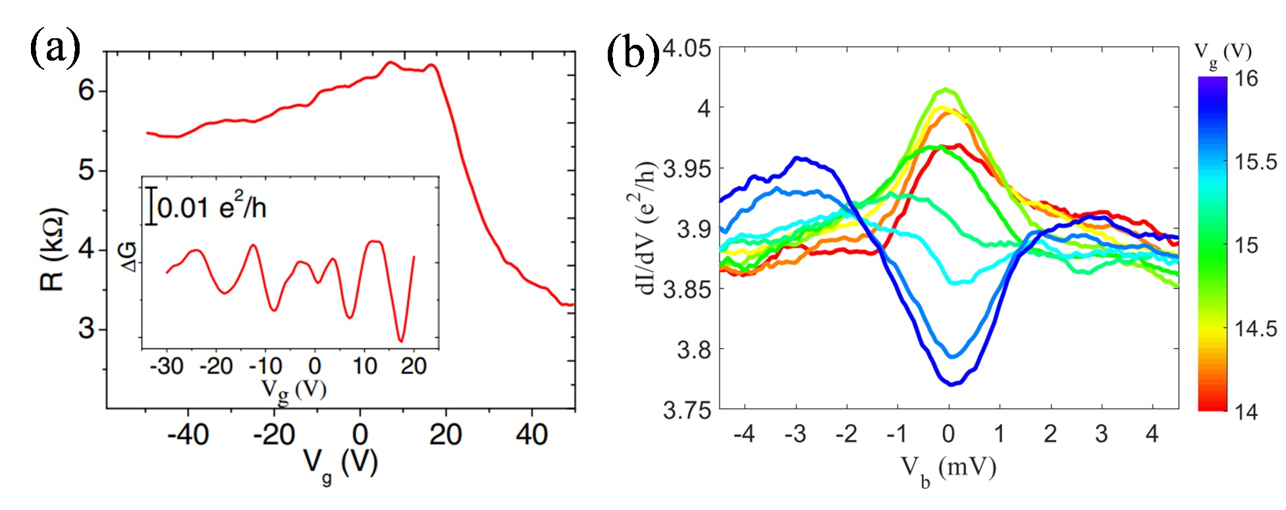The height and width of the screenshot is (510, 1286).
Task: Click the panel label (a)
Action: pos(55,49)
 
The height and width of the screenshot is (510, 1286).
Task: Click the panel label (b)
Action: pos(633,52)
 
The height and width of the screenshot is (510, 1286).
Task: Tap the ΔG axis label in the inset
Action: pos(130,256)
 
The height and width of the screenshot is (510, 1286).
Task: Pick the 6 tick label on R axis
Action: pos(86,90)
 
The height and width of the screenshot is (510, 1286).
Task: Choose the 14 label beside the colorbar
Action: pos(1246,412)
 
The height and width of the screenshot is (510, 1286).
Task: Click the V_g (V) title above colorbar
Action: pos(1222,53)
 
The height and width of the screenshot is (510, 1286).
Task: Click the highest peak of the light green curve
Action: pos(946,89)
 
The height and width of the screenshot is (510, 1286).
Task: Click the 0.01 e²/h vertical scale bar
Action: pos(151,206)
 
